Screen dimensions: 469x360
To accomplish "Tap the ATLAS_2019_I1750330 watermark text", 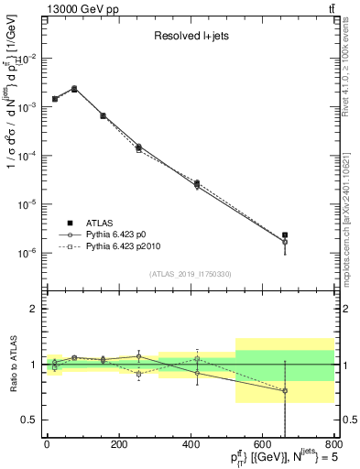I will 190,274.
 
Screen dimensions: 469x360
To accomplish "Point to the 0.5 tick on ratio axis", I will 30,420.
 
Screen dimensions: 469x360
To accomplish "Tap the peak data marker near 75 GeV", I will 74,89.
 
